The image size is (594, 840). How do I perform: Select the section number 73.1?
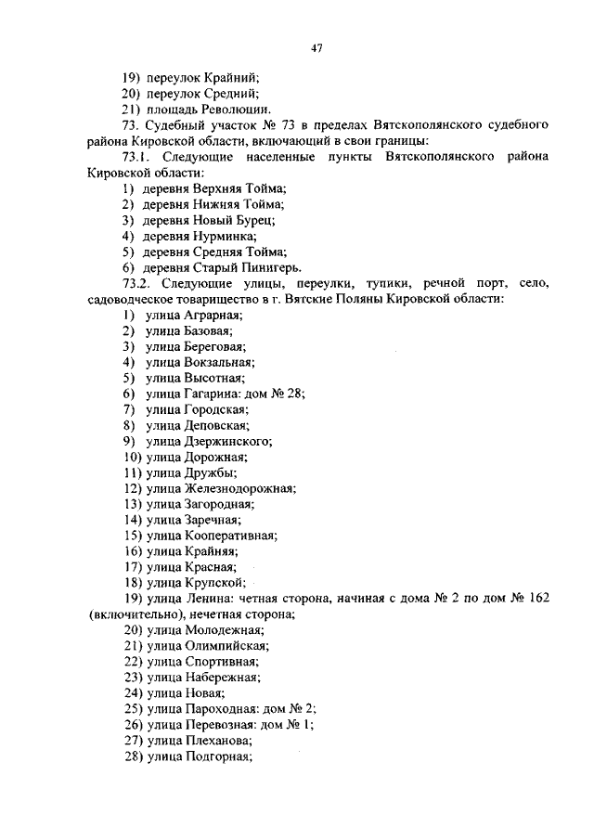coord(138,157)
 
